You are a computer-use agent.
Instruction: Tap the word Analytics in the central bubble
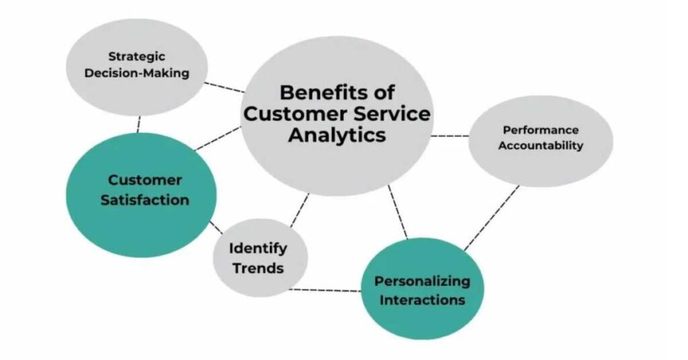tap(337, 134)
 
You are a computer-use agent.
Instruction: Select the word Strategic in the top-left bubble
tap(137, 56)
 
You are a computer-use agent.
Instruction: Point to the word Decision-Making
tap(137, 73)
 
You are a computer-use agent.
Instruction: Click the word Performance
tap(541, 130)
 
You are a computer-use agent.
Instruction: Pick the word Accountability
tap(541, 146)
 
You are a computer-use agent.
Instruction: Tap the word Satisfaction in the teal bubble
tap(145, 200)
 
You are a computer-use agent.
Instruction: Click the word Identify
tap(258, 249)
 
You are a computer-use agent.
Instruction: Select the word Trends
tap(258, 268)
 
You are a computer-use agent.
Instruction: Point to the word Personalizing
tap(422, 281)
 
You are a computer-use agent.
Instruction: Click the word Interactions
tap(422, 300)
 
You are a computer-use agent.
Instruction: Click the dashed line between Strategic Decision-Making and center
tap(224, 87)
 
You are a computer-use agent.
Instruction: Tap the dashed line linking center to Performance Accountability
tap(449, 136)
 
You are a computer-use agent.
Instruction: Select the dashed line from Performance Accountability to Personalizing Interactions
tap(492, 218)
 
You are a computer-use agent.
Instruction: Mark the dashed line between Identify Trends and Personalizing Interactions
tap(325, 290)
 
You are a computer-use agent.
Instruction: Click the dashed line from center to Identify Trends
tap(300, 210)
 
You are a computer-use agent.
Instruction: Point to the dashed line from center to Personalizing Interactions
tap(398, 212)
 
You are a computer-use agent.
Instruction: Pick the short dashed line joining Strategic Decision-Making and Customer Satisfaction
tap(138, 124)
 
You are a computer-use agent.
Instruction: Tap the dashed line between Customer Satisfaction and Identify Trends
tap(216, 228)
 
